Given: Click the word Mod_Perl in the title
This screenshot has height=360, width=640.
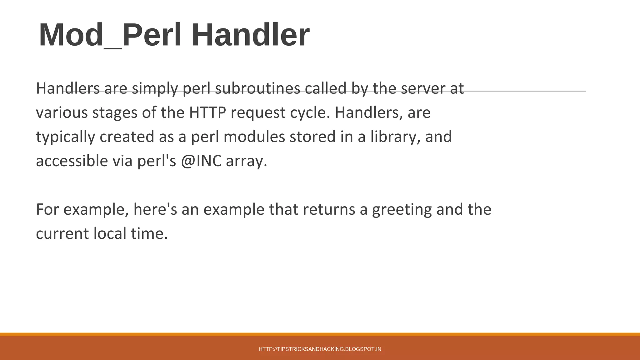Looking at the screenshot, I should click(110, 35).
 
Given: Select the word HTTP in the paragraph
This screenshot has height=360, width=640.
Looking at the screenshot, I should click(207, 112).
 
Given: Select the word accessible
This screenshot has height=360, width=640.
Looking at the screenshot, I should click(72, 161).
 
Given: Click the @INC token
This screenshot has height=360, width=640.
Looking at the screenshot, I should click(201, 161).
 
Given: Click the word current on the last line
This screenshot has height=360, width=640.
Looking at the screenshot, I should click(62, 234).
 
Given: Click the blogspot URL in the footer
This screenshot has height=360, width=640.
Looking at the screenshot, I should click(320, 349).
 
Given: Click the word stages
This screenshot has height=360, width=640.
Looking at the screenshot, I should click(115, 113).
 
